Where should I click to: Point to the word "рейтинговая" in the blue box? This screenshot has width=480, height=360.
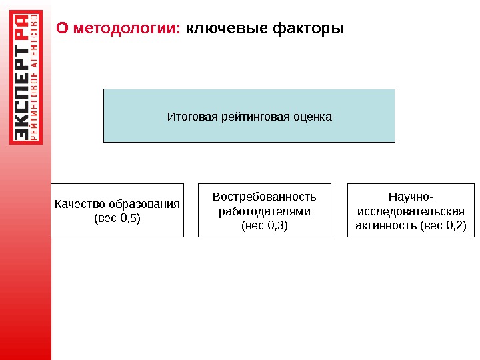point(249,117)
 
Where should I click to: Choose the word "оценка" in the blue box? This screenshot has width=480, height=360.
point(311,117)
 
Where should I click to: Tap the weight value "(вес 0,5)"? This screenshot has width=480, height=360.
point(117,217)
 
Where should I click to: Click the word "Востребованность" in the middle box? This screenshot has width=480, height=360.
point(265,197)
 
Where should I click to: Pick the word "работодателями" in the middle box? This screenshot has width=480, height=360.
point(265,211)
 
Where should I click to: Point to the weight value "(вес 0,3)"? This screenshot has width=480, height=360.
point(265,225)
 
